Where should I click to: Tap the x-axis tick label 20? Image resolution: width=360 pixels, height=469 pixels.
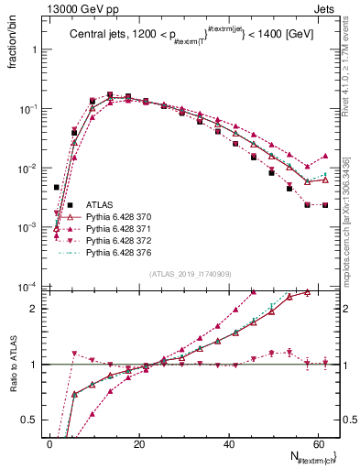[138, 444]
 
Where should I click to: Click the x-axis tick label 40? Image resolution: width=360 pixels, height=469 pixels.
[227, 444]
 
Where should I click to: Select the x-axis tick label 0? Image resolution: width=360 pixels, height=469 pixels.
[49, 444]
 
